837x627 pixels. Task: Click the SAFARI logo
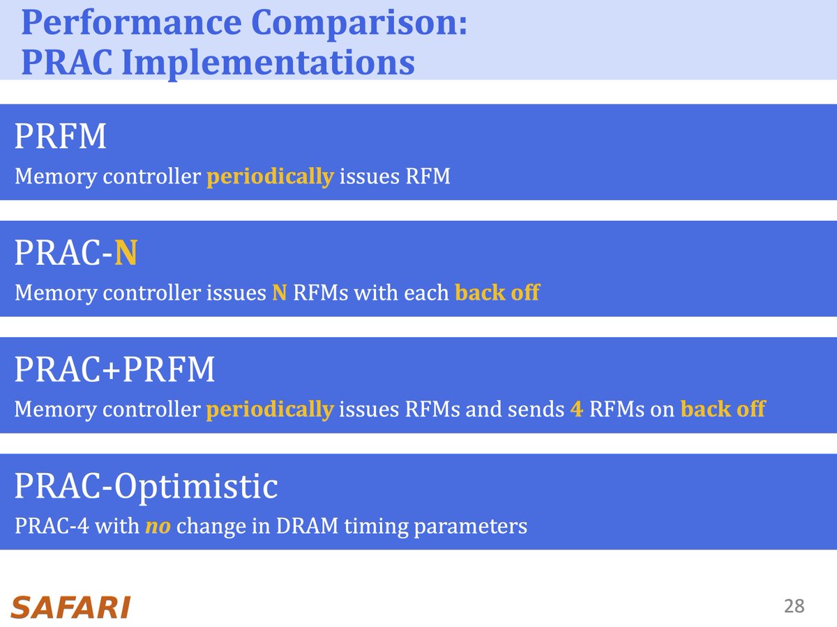[70, 607]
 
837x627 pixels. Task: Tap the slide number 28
[794, 606]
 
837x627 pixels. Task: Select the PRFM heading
[61, 137]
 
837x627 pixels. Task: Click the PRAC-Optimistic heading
[146, 487]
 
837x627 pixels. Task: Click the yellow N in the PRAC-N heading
[126, 254]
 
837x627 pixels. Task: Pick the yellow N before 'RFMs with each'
[279, 293]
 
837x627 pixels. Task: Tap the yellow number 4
[576, 409]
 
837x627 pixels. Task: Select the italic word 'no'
[158, 525]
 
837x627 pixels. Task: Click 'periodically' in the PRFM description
[269, 177]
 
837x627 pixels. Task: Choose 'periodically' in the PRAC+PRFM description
[269, 409]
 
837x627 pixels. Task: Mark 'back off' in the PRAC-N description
[497, 293]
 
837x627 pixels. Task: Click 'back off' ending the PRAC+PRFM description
[723, 409]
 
